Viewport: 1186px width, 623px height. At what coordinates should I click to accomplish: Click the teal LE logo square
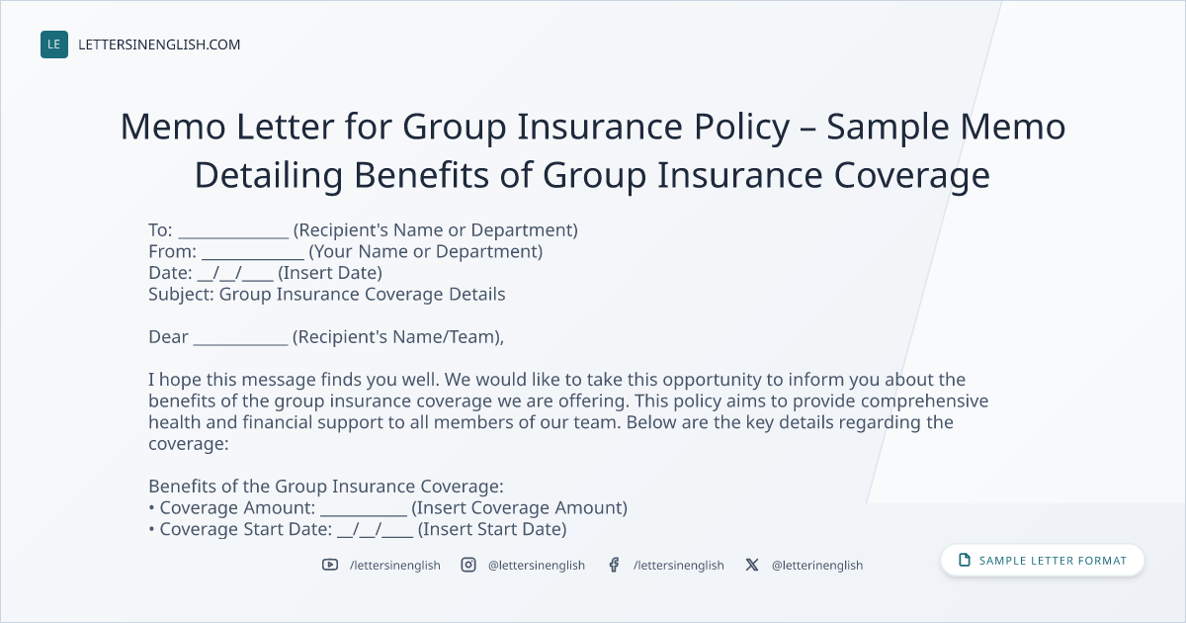tap(54, 44)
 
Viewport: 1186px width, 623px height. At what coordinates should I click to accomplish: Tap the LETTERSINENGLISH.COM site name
tap(159, 44)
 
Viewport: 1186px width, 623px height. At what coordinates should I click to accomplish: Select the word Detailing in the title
tap(269, 175)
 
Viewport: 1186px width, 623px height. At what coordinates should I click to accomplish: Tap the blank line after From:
tap(253, 258)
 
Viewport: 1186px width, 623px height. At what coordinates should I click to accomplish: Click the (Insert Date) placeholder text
tap(330, 273)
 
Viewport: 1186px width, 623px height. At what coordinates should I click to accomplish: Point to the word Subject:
tap(181, 294)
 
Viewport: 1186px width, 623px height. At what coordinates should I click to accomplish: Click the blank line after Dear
tap(240, 344)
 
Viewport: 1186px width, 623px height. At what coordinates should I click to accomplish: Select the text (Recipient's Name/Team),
tap(398, 337)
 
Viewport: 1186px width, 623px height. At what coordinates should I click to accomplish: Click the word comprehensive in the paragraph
tap(924, 401)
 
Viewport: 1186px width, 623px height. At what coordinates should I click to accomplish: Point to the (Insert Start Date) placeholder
tap(492, 529)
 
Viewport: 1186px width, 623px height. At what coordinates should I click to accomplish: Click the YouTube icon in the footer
tap(330, 565)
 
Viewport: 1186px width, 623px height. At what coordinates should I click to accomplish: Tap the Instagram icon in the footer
tap(468, 565)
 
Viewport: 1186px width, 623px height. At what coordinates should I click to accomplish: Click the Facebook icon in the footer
tap(614, 565)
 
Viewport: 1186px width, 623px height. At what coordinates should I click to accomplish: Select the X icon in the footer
tap(752, 565)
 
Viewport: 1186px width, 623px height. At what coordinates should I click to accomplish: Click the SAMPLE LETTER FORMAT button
tap(1043, 561)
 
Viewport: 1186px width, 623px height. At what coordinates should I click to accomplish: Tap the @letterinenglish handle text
tap(817, 566)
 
